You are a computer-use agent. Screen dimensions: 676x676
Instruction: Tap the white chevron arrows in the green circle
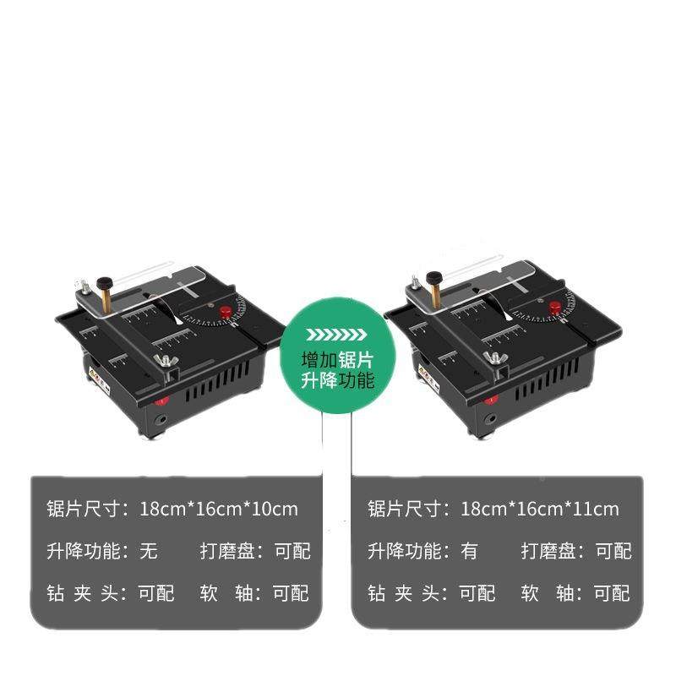pyautogui.click(x=337, y=332)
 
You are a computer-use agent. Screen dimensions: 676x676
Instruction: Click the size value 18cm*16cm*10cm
pyautogui.click(x=220, y=510)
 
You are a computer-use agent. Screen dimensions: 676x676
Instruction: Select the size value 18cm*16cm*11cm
pyautogui.click(x=540, y=510)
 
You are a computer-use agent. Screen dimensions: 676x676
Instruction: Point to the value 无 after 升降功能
pyautogui.click(x=149, y=552)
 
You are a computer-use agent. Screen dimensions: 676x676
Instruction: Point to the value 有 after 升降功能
pyautogui.click(x=470, y=552)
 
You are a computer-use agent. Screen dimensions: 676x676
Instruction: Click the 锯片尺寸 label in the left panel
pyautogui.click(x=84, y=510)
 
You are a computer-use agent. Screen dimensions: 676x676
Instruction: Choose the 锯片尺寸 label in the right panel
pyautogui.click(x=406, y=510)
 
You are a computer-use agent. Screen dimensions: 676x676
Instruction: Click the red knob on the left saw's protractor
pyautogui.click(x=226, y=313)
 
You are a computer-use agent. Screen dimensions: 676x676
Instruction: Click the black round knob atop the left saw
pyautogui.click(x=105, y=282)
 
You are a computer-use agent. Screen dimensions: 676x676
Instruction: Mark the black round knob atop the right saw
pyautogui.click(x=434, y=277)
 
